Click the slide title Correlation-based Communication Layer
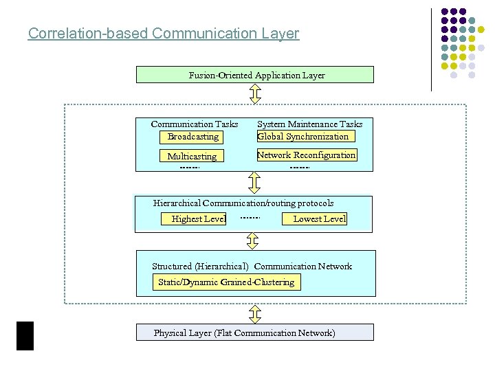pyautogui.click(x=164, y=33)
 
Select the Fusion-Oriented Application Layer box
pyautogui.click(x=255, y=75)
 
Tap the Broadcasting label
pyautogui.click(x=192, y=137)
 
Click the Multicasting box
pyautogui.click(x=192, y=157)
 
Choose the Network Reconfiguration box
pyautogui.click(x=306, y=155)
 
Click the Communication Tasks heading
pyautogui.click(x=195, y=124)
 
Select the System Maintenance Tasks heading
pyautogui.click(x=309, y=124)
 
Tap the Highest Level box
pyautogui.click(x=199, y=219)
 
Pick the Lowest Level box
pyautogui.click(x=319, y=219)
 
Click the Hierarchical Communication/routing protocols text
pyautogui.click(x=243, y=203)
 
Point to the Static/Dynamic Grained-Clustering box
pyautogui.click(x=226, y=282)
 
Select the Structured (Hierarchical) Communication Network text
pyautogui.click(x=252, y=267)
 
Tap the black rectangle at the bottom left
pyautogui.click(x=25, y=335)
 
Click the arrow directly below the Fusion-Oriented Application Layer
pyautogui.click(x=255, y=93)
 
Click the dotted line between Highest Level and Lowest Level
pyautogui.click(x=250, y=218)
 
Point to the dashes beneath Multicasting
pyautogui.click(x=189, y=168)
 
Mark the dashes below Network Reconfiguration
pyautogui.click(x=300, y=168)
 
